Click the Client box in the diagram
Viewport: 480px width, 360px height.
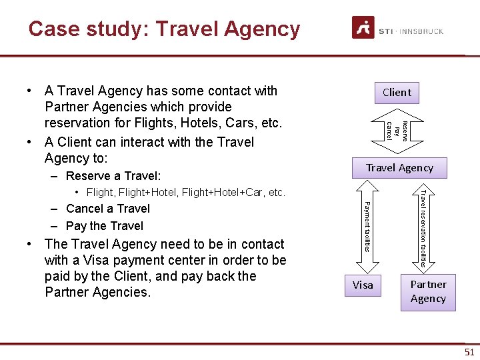coord(397,93)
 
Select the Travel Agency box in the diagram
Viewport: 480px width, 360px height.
coord(399,168)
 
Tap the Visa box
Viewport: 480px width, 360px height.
coord(363,285)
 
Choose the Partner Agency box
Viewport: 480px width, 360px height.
coord(428,292)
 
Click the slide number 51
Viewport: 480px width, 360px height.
coord(469,352)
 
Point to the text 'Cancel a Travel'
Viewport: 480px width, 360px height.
coord(108,209)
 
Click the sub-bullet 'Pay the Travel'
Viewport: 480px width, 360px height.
coord(105,226)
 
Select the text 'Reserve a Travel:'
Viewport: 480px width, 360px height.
coord(113,176)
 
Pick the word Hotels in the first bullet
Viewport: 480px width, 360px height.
coord(197,123)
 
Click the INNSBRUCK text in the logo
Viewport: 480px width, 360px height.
coord(422,31)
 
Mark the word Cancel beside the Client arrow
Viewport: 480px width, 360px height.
coord(389,131)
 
